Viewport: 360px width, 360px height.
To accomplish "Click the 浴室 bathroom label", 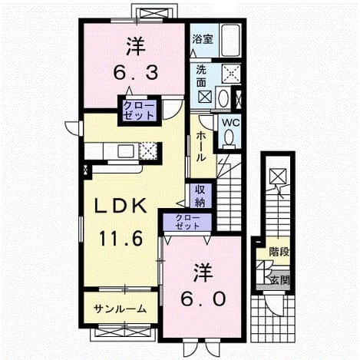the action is click(x=203, y=39).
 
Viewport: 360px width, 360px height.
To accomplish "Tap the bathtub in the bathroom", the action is click(x=230, y=41).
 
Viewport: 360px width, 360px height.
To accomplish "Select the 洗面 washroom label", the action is click(x=201, y=76).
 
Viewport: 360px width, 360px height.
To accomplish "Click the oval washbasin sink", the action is click(x=223, y=97).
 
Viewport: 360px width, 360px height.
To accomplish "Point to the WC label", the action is click(x=230, y=123).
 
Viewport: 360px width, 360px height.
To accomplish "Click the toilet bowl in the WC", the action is click(x=230, y=139).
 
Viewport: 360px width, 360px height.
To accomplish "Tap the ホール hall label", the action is click(x=201, y=146).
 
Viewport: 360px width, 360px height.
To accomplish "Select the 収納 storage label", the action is click(x=200, y=196).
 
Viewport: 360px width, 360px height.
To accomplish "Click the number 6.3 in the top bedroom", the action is click(x=136, y=72).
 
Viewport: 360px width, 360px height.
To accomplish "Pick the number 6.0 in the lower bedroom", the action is click(x=203, y=299).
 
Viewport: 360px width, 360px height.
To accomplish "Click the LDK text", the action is click(x=121, y=206).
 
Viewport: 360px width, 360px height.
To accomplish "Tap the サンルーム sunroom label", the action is click(x=120, y=309).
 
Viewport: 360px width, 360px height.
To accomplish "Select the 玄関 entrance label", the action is click(x=280, y=280).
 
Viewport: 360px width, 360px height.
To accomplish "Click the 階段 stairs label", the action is click(x=279, y=252).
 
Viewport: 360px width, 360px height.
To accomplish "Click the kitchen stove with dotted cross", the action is click(x=148, y=150).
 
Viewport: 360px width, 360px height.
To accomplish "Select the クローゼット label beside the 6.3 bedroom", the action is click(x=140, y=111).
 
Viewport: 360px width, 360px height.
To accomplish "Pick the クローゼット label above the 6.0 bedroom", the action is click(x=187, y=221).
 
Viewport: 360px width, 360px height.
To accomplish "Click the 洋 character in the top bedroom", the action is click(x=136, y=46).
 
